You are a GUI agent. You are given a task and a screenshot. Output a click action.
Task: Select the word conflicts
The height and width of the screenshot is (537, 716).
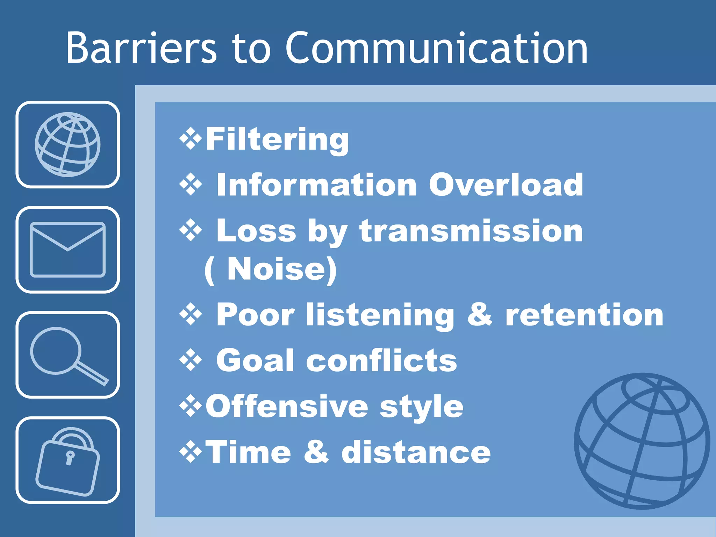tap(381, 360)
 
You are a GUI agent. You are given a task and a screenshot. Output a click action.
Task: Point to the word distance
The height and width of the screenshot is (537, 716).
tap(416, 452)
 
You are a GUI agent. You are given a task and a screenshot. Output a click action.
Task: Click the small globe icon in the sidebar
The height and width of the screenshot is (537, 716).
tap(68, 144)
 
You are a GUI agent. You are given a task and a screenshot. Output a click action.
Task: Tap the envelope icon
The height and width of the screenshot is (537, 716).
tap(68, 250)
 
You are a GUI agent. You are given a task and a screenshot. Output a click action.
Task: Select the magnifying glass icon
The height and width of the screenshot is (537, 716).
tap(68, 355)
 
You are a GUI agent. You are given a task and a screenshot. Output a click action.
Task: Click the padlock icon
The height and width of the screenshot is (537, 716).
tap(68, 461)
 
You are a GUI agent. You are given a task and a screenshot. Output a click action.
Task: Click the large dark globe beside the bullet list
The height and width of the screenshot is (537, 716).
tap(642, 441)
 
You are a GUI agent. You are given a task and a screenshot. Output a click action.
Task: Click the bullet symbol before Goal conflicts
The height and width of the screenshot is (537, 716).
tap(191, 360)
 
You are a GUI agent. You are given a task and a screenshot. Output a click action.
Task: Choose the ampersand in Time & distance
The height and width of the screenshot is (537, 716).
tap(316, 452)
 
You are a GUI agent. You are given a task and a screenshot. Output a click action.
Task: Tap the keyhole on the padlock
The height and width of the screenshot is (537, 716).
tap(70, 458)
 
